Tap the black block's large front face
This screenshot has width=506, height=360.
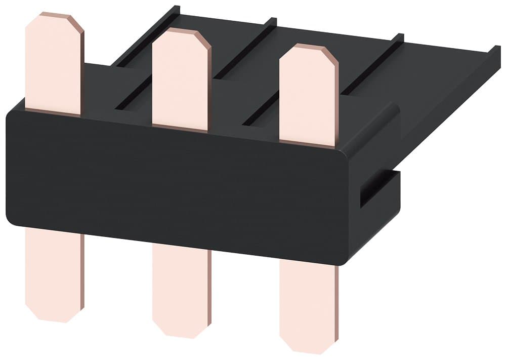point(177,187)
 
